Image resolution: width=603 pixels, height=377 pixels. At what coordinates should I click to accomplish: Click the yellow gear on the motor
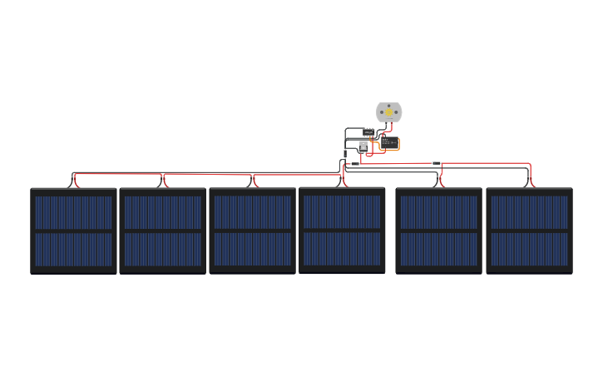click(388, 112)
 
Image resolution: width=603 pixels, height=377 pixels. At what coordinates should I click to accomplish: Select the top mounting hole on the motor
click(388, 105)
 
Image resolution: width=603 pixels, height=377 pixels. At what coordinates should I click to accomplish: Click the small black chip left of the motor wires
click(368, 131)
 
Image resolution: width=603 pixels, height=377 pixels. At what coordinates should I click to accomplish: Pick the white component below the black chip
click(363, 145)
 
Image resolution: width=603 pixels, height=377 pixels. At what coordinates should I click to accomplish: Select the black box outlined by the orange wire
click(390, 142)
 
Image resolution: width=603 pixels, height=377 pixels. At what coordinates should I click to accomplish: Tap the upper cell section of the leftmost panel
click(73, 212)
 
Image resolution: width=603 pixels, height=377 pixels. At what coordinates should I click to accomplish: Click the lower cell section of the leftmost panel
click(73, 250)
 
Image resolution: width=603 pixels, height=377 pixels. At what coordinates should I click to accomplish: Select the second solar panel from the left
click(163, 231)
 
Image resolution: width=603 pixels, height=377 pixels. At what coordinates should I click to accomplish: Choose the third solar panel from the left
click(253, 231)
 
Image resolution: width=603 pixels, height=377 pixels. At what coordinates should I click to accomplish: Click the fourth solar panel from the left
click(342, 230)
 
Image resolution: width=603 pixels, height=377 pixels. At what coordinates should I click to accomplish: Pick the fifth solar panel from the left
click(438, 231)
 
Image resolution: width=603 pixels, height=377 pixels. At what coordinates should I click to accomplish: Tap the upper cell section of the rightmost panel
click(529, 212)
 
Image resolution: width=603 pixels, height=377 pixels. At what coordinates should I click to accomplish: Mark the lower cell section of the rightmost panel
click(529, 250)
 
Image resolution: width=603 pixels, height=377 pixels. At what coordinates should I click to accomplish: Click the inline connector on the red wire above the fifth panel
click(436, 163)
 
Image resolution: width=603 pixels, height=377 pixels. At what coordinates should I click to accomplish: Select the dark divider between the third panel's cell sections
click(253, 231)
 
